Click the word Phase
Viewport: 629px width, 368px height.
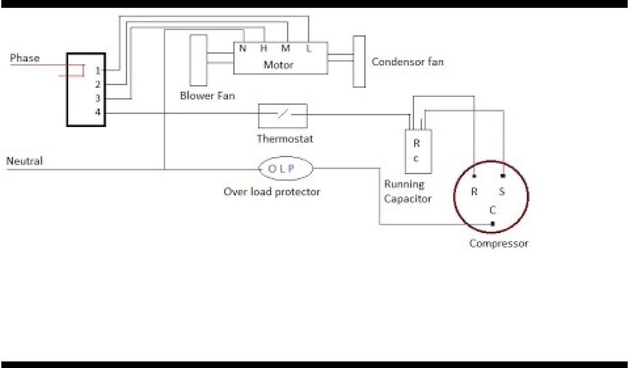[x=25, y=58]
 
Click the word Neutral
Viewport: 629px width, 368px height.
[x=25, y=161]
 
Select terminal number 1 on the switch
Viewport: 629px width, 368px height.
[x=98, y=71]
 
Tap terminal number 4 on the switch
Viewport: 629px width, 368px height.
[x=98, y=112]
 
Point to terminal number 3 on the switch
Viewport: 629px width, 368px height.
[x=98, y=98]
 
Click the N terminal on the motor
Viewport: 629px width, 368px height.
[x=243, y=48]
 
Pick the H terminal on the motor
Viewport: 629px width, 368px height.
[x=264, y=48]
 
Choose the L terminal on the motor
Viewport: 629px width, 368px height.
[x=308, y=48]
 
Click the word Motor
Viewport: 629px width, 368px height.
[x=278, y=64]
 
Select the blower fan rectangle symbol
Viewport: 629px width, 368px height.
[x=198, y=60]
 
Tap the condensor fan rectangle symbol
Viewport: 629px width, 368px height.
[x=359, y=61]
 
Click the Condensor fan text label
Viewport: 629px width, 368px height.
[x=407, y=62]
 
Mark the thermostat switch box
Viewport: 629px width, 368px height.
[x=283, y=115]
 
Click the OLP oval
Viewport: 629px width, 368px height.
[x=285, y=169]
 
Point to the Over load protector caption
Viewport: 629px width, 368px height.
[x=272, y=192]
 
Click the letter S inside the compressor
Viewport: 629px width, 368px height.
[x=501, y=191]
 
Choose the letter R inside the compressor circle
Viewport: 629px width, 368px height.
[x=474, y=191]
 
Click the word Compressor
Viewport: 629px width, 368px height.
[x=498, y=243]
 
